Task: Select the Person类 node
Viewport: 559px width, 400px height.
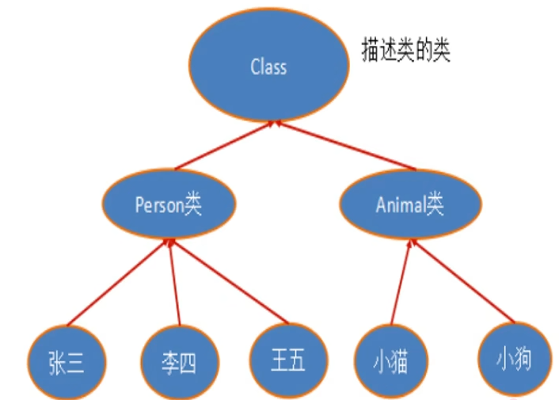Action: (167, 206)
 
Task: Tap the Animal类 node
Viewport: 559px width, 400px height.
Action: (409, 205)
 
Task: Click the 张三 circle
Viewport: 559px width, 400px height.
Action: (65, 362)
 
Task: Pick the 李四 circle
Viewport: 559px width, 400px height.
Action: (178, 363)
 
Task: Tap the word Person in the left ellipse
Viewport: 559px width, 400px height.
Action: (159, 207)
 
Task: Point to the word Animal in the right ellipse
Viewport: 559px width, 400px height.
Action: (401, 206)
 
